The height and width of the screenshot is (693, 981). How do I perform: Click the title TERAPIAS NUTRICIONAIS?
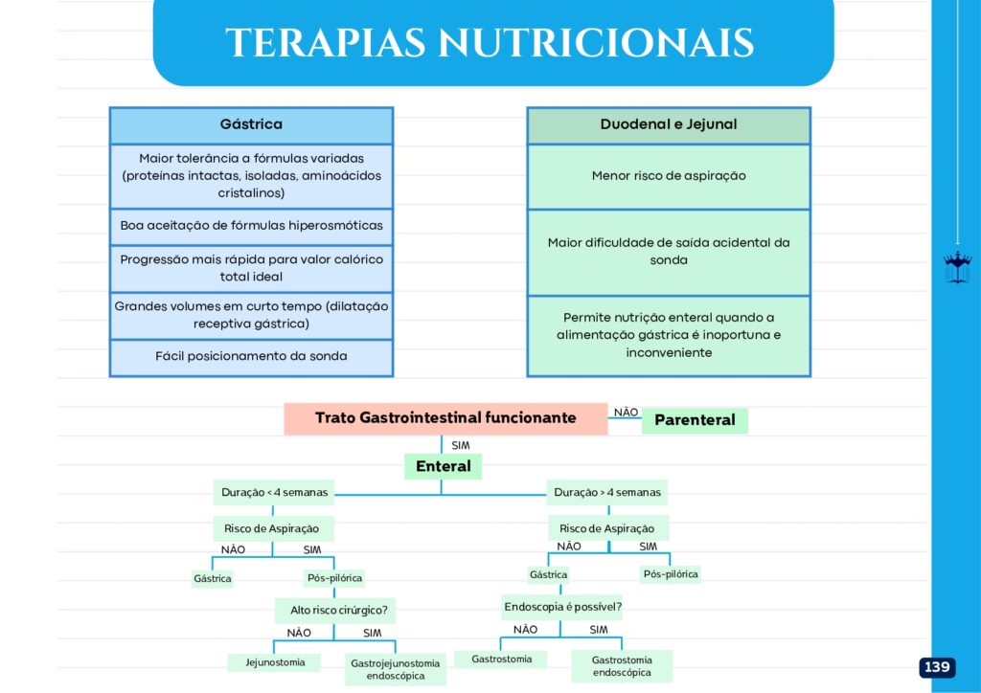pos(490,42)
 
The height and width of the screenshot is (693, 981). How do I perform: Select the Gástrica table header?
pos(252,125)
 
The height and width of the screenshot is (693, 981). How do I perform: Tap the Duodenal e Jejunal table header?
pos(669,125)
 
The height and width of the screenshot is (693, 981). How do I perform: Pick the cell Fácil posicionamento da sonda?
pos(252,357)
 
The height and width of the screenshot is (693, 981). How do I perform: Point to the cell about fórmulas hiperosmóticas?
pos(252,226)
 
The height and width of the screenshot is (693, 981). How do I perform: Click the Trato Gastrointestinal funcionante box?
pos(445,418)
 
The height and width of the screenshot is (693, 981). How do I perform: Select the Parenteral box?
pos(695,420)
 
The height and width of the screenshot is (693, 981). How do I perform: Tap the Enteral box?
pos(443,466)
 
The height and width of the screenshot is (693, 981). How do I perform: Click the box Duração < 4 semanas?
pos(274,492)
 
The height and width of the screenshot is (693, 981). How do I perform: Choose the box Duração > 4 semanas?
pos(607,492)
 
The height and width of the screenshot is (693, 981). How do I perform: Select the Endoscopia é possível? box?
pos(561,607)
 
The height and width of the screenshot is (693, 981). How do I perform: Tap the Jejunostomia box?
pos(275,662)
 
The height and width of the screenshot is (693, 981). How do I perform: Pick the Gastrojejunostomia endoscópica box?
pos(396,669)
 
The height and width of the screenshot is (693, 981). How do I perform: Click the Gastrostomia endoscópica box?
pos(622,666)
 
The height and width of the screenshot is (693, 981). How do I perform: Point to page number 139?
pos(937,667)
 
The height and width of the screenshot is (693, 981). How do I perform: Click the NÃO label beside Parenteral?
pos(626,413)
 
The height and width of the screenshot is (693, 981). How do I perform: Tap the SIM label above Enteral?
pos(461,445)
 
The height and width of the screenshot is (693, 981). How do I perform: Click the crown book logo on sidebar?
pos(957,267)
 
